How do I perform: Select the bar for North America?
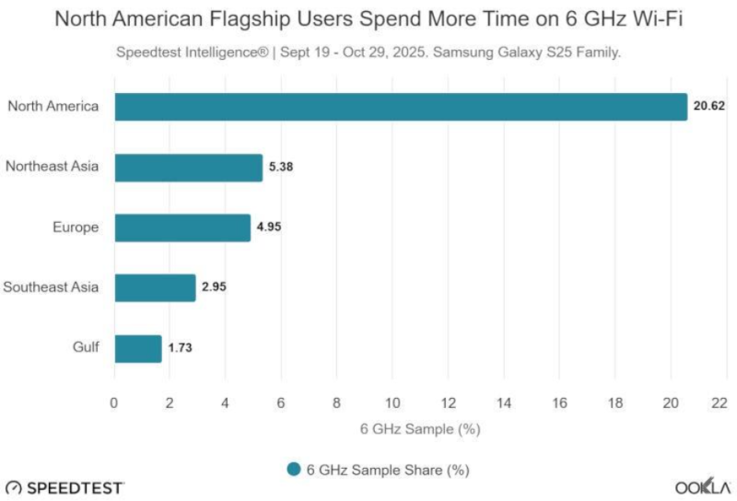pos(401,107)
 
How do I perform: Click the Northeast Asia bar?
pos(189,168)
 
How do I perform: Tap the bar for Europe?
pos(182,227)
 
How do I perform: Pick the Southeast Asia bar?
pos(155,287)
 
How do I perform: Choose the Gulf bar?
pos(138,348)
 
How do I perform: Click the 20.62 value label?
pos(709,107)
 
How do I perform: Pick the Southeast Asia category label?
pos(51,287)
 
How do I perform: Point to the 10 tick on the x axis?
pos(392,402)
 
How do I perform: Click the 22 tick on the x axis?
pos(719,402)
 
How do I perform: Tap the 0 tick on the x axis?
pos(114,402)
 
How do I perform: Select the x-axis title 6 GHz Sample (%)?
pos(420,428)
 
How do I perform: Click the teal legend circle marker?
pos(294,469)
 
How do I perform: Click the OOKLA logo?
pos(703,486)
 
